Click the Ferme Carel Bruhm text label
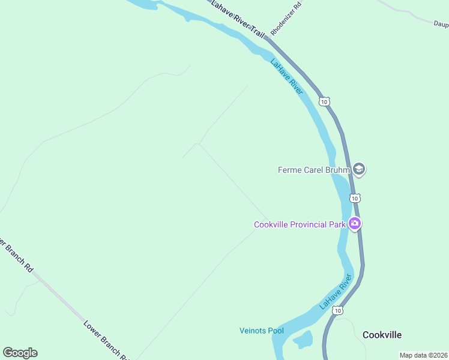(314, 170)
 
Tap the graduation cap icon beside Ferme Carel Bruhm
(359, 169)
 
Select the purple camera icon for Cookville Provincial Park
(355, 224)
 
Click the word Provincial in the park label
(307, 225)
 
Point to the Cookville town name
(382, 335)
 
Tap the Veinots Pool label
(261, 331)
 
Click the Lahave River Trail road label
(238, 19)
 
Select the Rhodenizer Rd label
(286, 19)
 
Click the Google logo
(20, 353)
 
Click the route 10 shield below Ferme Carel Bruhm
(355, 198)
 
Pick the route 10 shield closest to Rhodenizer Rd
(324, 102)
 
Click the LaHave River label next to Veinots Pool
(336, 292)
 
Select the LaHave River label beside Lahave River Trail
(287, 76)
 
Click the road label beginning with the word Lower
(105, 340)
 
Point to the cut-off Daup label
(441, 23)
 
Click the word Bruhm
(337, 170)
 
